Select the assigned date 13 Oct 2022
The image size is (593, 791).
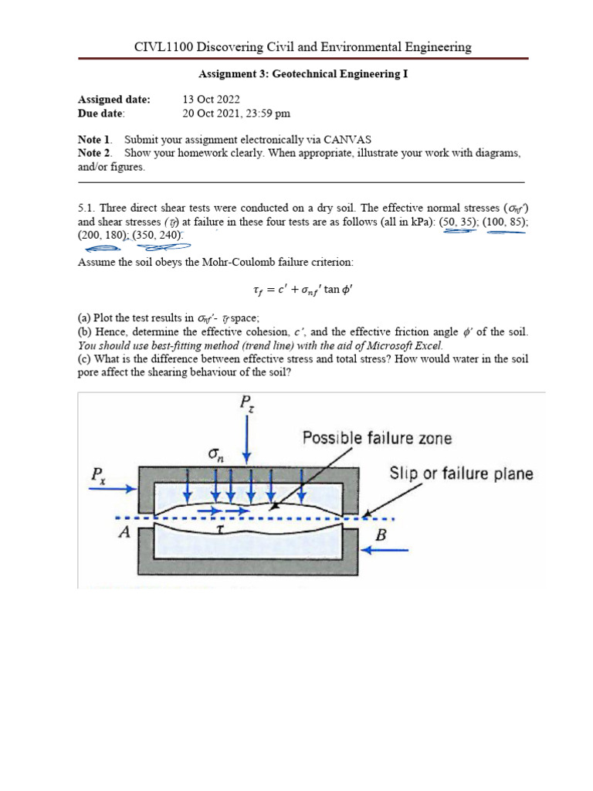211,100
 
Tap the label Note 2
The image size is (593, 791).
95,153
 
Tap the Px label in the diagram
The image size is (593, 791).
99,480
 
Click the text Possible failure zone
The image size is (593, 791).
377,438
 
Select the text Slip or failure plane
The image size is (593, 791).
461,473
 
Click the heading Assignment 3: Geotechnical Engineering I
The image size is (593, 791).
303,75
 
